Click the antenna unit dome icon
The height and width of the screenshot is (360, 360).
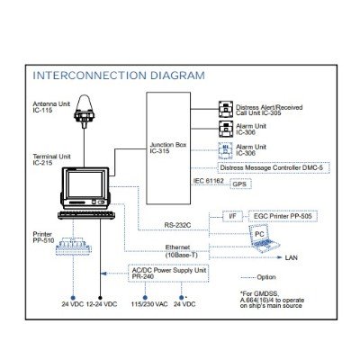[84, 112]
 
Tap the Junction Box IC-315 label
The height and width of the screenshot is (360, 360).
[168, 148]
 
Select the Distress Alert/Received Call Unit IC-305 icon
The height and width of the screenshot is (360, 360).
[226, 109]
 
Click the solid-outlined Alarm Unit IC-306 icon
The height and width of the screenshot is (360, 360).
[226, 129]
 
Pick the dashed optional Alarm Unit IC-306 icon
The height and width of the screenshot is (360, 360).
[226, 151]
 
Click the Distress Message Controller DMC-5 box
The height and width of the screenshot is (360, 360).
[274, 167]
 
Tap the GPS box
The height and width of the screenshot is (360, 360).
[240, 184]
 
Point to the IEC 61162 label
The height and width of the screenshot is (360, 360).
[209, 181]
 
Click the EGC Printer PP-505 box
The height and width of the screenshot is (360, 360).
[283, 216]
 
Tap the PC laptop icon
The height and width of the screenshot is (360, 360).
[264, 238]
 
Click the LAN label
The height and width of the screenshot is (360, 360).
[292, 257]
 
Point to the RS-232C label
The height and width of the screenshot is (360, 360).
[177, 225]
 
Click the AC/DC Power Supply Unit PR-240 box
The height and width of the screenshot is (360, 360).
[168, 274]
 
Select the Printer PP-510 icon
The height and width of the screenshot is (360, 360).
[73, 247]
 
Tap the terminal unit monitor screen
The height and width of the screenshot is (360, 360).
[85, 184]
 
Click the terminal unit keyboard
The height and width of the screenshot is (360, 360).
[86, 215]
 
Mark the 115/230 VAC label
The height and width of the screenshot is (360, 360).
[149, 304]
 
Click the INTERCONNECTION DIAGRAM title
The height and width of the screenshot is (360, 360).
[119, 76]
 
